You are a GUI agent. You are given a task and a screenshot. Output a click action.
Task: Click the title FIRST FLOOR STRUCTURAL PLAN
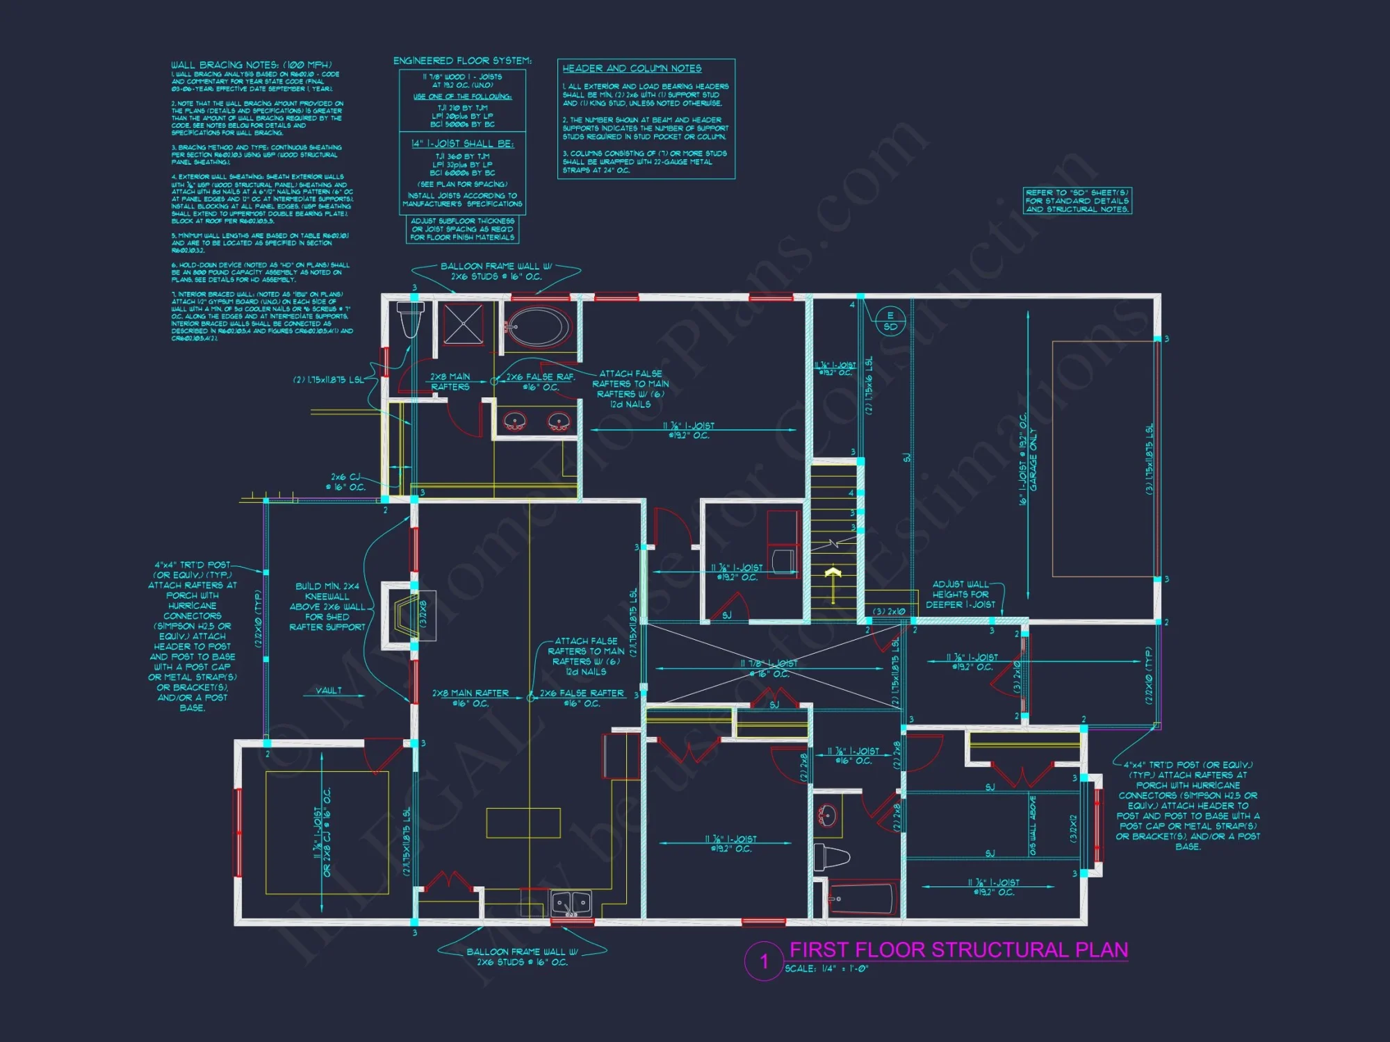[958, 950]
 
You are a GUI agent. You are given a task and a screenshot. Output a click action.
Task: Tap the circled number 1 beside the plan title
[764, 961]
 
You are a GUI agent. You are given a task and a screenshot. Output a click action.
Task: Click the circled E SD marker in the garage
[890, 321]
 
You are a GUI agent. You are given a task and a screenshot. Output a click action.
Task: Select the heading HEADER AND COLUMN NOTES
[632, 68]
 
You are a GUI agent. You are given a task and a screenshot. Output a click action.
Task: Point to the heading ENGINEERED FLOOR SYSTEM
[462, 61]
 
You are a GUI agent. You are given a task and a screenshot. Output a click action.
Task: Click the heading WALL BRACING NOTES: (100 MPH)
[251, 65]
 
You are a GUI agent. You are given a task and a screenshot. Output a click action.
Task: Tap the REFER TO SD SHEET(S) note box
[1077, 201]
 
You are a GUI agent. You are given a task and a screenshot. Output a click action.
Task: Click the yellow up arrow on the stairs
[833, 574]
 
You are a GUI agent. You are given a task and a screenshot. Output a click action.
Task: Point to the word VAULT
[329, 690]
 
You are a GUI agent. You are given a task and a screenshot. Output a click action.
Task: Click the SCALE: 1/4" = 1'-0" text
[826, 968]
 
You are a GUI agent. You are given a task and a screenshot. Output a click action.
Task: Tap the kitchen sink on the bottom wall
[571, 903]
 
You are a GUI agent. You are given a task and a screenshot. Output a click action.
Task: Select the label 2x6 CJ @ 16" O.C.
[347, 482]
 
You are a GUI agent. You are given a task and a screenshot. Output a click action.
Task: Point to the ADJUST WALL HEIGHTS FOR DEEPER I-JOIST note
[960, 595]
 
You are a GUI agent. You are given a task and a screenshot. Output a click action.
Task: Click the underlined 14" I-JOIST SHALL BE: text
[462, 144]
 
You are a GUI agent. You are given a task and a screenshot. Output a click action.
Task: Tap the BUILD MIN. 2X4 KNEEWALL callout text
[327, 606]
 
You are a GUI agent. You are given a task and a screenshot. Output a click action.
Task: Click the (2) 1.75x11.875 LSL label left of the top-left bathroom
[328, 380]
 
